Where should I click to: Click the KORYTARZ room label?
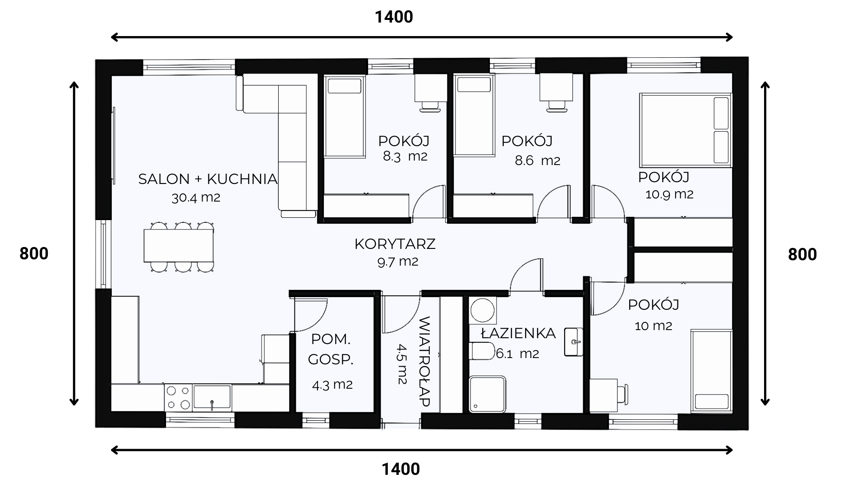coord(395,244)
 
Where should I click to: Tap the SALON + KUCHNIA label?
coord(208,179)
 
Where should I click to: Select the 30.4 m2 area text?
coord(196,198)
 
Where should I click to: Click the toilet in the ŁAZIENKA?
coord(482,351)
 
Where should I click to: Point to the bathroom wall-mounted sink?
coord(573,341)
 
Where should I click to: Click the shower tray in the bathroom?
coord(488,394)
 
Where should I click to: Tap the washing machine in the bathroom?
coord(483,310)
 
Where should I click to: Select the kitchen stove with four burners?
coord(178,397)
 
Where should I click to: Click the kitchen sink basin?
coord(212,397)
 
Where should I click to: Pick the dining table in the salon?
coord(179,246)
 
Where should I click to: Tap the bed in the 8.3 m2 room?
coord(344,116)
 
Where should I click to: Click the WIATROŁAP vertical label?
coord(424,361)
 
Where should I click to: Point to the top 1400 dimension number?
coord(394,17)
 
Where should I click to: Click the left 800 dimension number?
coord(34,254)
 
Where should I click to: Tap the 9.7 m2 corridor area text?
coord(398,262)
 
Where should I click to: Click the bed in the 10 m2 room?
coord(711,371)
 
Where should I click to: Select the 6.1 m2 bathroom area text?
coord(517,354)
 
